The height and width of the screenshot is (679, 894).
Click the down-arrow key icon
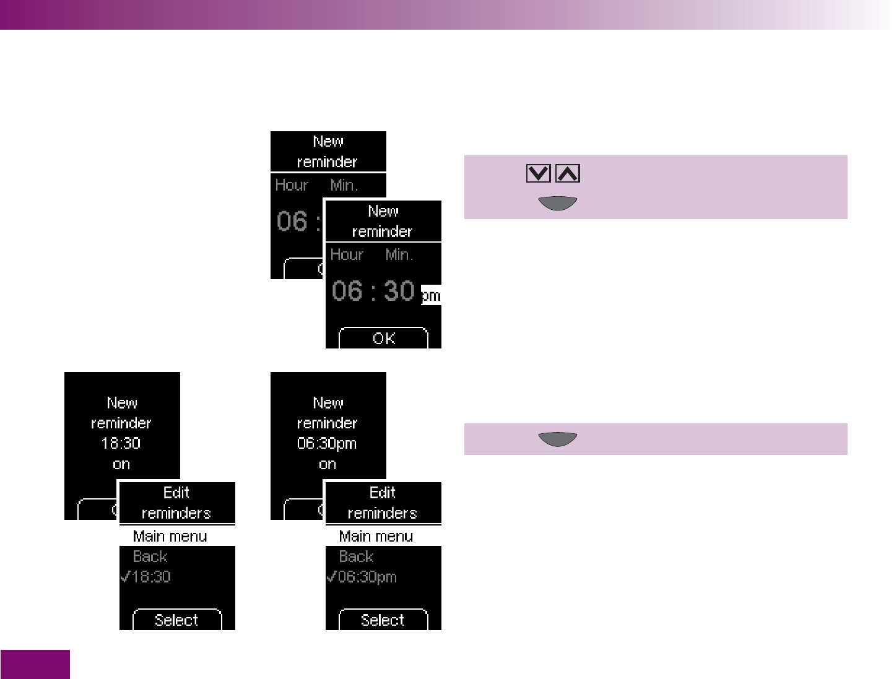coord(538,173)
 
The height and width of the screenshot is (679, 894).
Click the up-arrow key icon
coord(568,173)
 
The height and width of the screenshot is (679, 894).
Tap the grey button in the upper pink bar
coord(557,203)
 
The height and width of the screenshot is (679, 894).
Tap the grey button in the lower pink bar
coord(557,439)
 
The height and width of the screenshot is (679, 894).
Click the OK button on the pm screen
coord(383,339)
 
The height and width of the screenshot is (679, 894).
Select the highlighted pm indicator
coord(431,295)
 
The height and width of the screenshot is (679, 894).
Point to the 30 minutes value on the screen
coord(399,291)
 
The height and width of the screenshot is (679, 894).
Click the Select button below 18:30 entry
coord(177,620)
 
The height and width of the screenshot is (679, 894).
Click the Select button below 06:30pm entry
coord(383,620)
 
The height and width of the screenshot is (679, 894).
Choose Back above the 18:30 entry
coord(150,556)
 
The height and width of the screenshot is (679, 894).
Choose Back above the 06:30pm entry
coord(357,556)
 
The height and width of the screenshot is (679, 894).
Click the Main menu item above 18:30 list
coord(170,536)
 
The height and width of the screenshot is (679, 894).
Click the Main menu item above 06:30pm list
coord(376,536)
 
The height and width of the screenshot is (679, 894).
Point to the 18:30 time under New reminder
coord(121,443)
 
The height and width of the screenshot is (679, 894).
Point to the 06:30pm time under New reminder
coord(328,443)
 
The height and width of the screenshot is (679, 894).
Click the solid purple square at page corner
coord(35,664)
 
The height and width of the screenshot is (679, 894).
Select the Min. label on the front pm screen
coord(399,254)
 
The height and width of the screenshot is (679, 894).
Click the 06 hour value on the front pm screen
coord(347,291)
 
